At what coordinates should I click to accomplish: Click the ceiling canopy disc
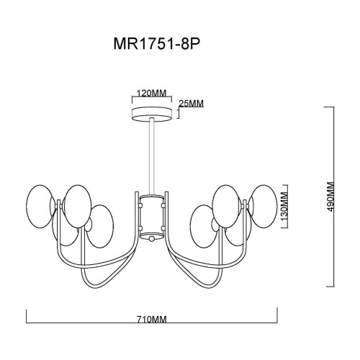(x=153, y=114)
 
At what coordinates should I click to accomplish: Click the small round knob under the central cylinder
(x=153, y=239)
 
